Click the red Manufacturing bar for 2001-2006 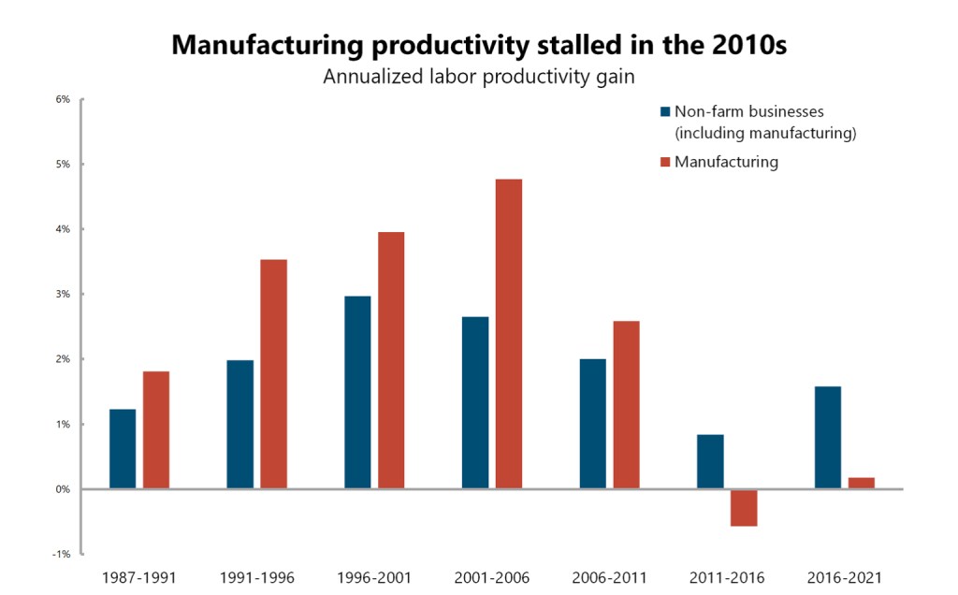(x=509, y=333)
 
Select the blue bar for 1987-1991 (x=123, y=449)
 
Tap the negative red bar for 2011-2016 (x=744, y=508)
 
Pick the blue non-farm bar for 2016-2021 (x=828, y=437)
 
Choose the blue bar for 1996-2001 (x=357, y=392)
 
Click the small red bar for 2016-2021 (x=862, y=483)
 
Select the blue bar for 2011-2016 (x=710, y=461)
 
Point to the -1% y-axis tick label (x=64, y=554)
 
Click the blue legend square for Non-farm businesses (x=665, y=111)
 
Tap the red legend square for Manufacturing (x=665, y=162)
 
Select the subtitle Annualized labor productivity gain (x=479, y=77)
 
